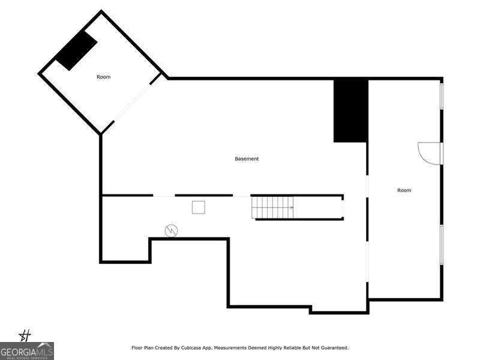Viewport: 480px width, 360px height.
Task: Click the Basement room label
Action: (x=247, y=158)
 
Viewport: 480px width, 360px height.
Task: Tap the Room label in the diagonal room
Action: (x=103, y=77)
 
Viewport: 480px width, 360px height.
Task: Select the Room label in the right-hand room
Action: (x=404, y=190)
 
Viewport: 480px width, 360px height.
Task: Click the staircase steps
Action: (x=272, y=208)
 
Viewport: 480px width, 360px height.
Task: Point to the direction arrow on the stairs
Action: (x=292, y=208)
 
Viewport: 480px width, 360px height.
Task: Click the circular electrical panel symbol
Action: (x=171, y=231)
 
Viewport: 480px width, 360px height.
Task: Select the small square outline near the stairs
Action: (x=199, y=207)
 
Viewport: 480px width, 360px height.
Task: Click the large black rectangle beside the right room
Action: (x=350, y=110)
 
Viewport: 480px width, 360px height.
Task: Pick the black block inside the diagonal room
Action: (x=76, y=50)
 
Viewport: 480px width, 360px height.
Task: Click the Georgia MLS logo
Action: (x=27, y=351)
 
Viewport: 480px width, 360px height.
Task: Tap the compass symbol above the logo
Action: (x=25, y=335)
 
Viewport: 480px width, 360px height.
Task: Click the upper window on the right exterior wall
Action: (x=442, y=95)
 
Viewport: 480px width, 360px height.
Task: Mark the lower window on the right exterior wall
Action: (x=442, y=245)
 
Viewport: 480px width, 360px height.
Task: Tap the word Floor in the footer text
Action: (x=137, y=348)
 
